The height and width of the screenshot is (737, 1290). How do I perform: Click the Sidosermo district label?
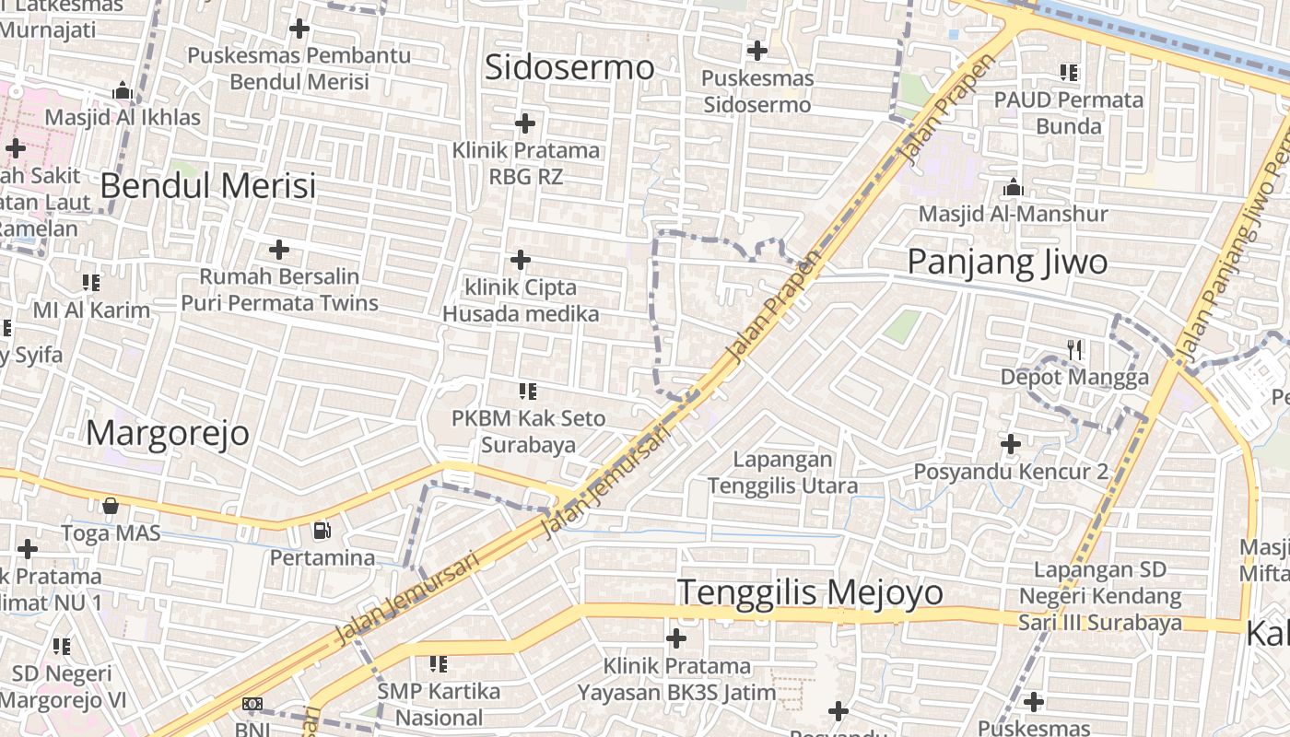569,67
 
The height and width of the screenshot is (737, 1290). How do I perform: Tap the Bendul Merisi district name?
207,185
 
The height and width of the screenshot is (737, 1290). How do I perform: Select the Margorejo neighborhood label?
168,432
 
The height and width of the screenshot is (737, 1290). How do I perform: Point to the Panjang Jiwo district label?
1007,262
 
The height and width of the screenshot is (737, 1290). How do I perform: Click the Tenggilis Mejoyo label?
811,591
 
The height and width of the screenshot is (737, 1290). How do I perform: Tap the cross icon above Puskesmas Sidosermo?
757,50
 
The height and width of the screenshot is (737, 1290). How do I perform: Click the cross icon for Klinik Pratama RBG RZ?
525,123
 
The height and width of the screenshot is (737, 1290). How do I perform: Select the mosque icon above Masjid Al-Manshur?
1014,187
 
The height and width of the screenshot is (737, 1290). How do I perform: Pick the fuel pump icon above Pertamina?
322,530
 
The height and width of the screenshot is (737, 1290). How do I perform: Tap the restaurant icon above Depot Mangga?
1074,349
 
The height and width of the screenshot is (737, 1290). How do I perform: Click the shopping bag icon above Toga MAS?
111,505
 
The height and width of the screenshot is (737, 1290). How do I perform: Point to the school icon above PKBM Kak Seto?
528,392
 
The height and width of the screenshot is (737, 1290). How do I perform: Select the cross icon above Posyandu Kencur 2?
1011,444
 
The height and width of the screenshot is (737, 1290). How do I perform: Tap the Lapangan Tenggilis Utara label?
782,472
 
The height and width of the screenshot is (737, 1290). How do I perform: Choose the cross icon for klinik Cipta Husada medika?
521,260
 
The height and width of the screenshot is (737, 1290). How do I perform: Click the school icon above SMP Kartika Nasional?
439,663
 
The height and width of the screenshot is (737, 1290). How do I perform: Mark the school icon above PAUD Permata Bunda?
1069,72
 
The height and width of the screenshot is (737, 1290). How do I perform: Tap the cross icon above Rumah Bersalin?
279,249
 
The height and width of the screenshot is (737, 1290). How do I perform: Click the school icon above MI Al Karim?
91,282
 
